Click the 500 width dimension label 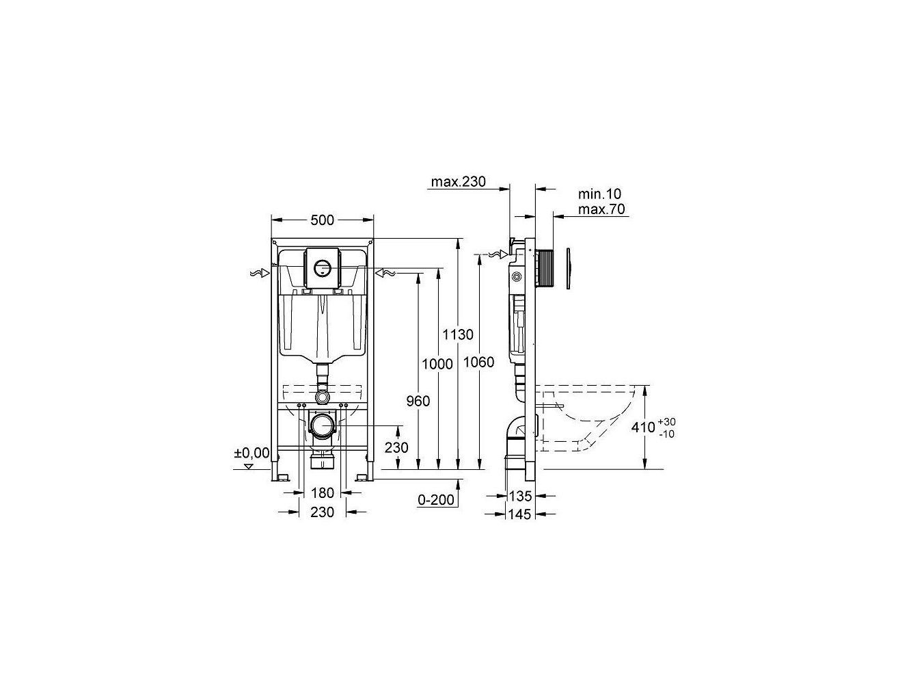click(x=322, y=220)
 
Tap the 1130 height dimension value click(x=457, y=334)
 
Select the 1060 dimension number click(x=478, y=362)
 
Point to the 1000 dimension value click(x=437, y=364)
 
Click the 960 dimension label click(x=418, y=402)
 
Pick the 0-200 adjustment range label click(x=436, y=500)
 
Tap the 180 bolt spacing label click(x=322, y=493)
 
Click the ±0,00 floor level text click(x=251, y=453)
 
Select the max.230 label click(x=458, y=182)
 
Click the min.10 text click(x=600, y=194)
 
